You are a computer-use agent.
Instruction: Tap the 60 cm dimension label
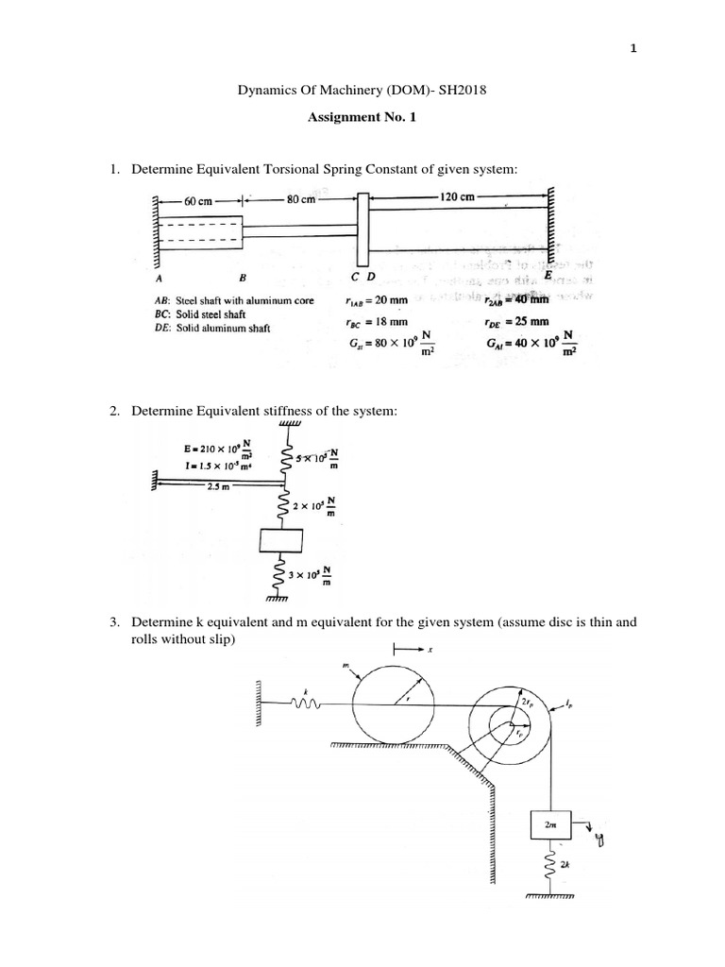point(198,200)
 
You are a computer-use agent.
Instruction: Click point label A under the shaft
point(158,280)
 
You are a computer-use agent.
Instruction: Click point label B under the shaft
point(243,280)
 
